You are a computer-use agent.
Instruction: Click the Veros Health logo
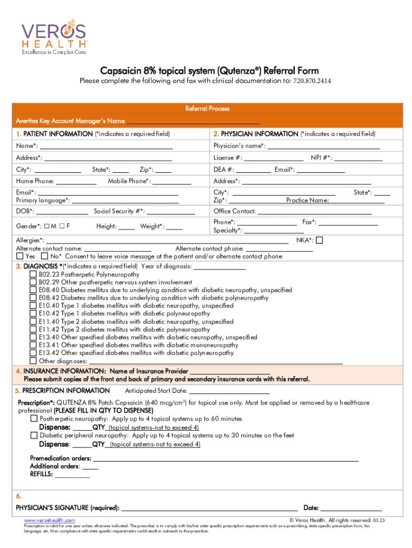pyautogui.click(x=54, y=38)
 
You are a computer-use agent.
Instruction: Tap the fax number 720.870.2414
pyautogui.click(x=311, y=81)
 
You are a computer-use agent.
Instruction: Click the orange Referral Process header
pyautogui.click(x=207, y=109)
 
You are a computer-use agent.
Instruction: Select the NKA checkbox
pyautogui.click(x=319, y=241)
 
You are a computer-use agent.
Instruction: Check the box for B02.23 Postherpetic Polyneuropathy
pyautogui.click(x=33, y=274)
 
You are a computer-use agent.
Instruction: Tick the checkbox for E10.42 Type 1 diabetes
pyautogui.click(x=33, y=314)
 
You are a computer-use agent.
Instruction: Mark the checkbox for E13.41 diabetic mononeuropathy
pyautogui.click(x=33, y=345)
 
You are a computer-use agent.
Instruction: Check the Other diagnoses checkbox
pyautogui.click(x=33, y=361)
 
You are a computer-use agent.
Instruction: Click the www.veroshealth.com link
pyautogui.click(x=49, y=520)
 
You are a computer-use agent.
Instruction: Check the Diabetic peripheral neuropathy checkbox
pyautogui.click(x=34, y=436)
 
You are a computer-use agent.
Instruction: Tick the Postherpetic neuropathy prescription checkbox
pyautogui.click(x=34, y=418)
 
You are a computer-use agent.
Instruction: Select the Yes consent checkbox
pyautogui.click(x=20, y=256)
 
